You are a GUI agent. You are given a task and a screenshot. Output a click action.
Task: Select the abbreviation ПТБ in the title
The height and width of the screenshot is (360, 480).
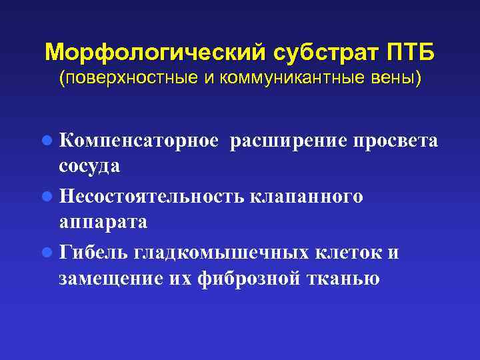413,51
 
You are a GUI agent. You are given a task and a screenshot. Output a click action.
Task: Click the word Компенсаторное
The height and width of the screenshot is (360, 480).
139,141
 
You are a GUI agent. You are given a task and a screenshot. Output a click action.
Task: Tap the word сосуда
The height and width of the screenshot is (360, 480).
89,166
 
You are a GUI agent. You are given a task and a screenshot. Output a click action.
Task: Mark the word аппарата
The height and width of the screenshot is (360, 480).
103,222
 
